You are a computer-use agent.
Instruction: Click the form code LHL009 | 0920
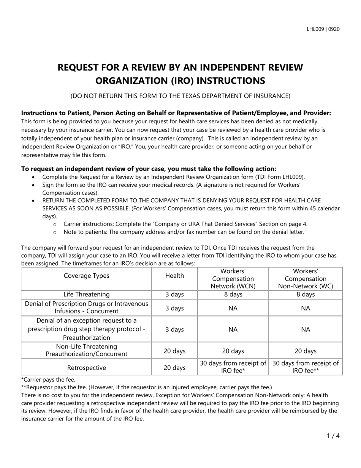(323, 29)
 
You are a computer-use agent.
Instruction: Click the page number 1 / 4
(333, 436)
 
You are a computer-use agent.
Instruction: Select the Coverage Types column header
(86, 276)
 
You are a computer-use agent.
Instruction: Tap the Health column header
(174, 276)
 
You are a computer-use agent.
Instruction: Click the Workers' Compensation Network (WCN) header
(233, 279)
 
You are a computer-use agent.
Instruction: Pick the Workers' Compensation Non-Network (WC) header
(306, 279)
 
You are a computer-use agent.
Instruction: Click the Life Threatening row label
(86, 294)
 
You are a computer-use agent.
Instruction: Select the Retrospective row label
(86, 368)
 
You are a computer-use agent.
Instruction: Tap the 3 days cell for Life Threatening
(174, 294)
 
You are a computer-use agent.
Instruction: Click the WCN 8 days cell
(233, 294)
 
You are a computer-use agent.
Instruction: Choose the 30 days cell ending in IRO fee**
(306, 367)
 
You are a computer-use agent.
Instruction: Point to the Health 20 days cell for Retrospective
(174, 368)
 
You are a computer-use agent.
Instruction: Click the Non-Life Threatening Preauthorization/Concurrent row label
(86, 350)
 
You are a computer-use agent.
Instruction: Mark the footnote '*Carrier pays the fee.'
(48, 379)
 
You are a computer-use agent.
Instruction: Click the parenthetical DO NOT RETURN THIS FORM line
(180, 96)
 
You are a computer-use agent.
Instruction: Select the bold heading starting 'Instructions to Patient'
(176, 113)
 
